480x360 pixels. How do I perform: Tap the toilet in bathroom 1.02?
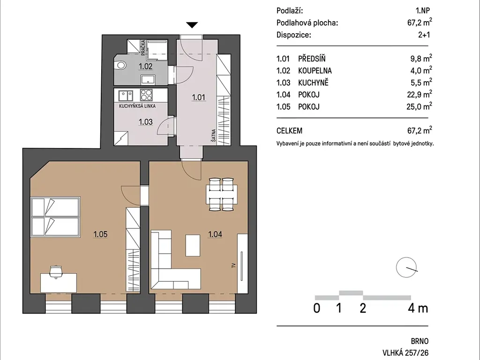click(120, 65)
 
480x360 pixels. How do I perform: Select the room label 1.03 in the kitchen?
click(145, 122)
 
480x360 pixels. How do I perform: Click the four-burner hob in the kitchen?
click(146, 95)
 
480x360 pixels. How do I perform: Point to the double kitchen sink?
click(126, 96)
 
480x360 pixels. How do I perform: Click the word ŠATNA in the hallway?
click(213, 135)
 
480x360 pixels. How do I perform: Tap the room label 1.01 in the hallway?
click(198, 97)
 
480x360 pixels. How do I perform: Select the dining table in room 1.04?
click(222, 195)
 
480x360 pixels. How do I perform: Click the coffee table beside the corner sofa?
click(193, 245)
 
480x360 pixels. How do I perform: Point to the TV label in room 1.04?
click(233, 265)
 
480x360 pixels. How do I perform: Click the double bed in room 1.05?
click(55, 217)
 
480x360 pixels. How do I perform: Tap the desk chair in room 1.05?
click(56, 271)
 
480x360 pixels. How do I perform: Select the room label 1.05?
click(100, 234)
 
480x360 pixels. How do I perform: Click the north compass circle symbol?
click(406, 267)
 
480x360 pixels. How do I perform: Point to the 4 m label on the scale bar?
click(418, 308)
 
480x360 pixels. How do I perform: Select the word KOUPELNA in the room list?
click(315, 71)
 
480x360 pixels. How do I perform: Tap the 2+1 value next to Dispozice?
click(424, 35)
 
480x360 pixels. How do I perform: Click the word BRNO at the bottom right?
click(420, 341)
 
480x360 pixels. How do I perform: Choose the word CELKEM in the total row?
click(289, 131)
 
